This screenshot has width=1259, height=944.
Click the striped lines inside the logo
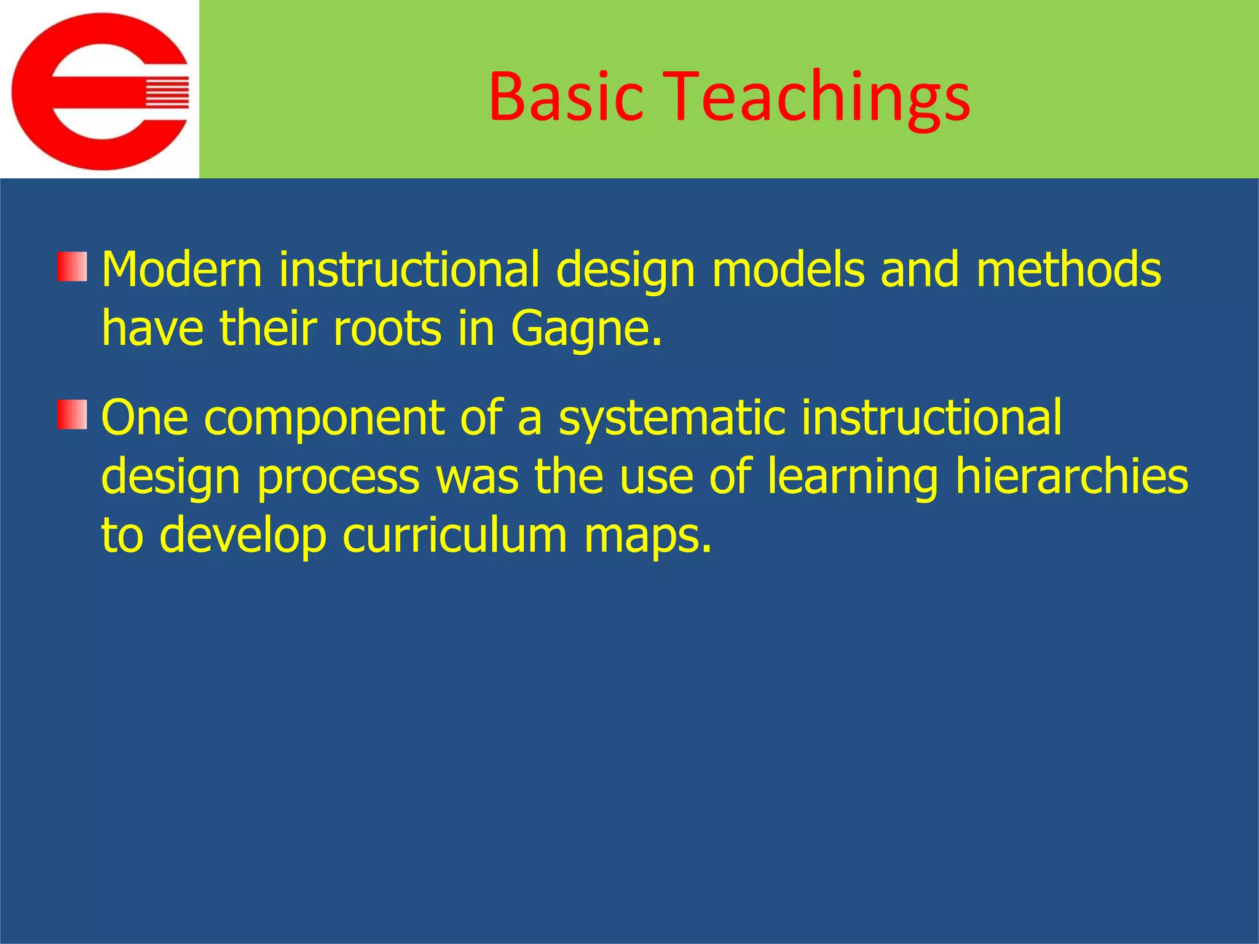(166, 92)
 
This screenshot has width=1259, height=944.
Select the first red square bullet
(73, 267)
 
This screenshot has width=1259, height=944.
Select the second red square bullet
(73, 415)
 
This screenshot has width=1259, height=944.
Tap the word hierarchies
(1072, 477)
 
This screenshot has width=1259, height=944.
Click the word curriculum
(454, 535)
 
